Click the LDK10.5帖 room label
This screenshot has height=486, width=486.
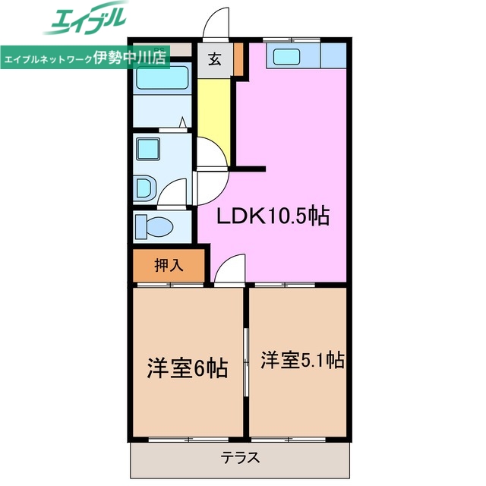pos(273,216)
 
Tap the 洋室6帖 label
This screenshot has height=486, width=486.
pos(187,369)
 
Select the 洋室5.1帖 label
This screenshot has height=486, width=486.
pos(302,359)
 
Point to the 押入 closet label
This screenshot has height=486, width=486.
pos(169,266)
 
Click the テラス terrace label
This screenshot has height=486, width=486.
pos(241,458)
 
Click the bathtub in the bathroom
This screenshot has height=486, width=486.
pos(163,78)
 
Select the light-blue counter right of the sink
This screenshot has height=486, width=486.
pos(333,55)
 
